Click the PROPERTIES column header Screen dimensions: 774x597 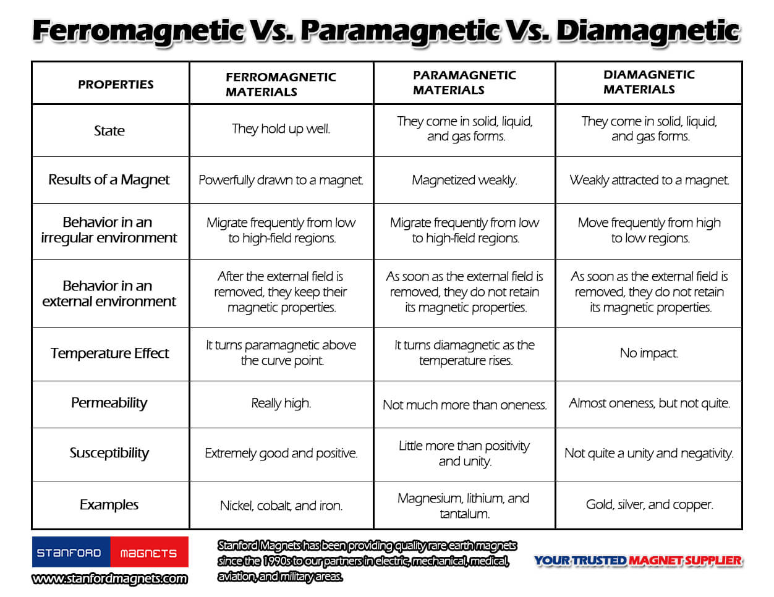[116, 85]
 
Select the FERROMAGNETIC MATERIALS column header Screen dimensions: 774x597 [281, 85]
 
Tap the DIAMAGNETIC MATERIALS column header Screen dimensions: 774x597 [649, 82]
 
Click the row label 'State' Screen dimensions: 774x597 [109, 130]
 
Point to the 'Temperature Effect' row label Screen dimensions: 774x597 [109, 353]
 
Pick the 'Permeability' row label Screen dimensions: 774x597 [109, 403]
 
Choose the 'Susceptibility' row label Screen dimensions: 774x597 [109, 453]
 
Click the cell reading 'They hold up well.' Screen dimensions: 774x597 [281, 129]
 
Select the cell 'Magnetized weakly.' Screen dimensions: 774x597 [464, 180]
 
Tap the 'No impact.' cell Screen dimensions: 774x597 [649, 353]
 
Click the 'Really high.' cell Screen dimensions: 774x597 [281, 404]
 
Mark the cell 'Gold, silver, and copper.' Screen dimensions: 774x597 [649, 504]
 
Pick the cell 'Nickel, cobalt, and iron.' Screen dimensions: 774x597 [281, 506]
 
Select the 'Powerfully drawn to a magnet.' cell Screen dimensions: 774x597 [281, 180]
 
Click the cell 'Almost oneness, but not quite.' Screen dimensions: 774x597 [649, 404]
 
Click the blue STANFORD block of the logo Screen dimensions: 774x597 [71, 552]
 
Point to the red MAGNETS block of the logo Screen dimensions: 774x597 [149, 552]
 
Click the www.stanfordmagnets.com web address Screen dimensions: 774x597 [109, 579]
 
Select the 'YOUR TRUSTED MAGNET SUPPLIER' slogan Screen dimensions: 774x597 [638, 561]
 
